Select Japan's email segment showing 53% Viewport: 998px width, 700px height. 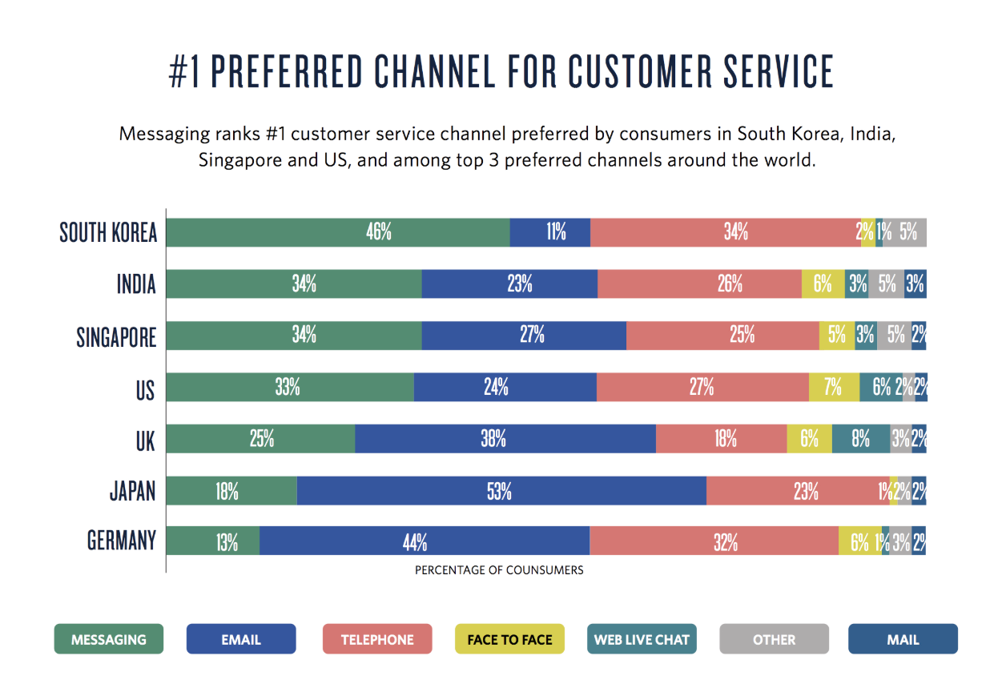coord(501,491)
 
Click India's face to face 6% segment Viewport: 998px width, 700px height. coord(823,284)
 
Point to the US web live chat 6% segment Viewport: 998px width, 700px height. coord(881,388)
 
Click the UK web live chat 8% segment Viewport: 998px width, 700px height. coord(860,439)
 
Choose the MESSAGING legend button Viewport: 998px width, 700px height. coord(109,639)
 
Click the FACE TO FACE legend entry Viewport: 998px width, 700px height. coord(509,639)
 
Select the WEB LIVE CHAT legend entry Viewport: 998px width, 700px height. coord(642,639)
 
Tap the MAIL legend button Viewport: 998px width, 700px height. coord(903,639)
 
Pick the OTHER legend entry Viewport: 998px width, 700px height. coord(774,639)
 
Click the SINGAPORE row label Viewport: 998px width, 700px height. coord(116,337)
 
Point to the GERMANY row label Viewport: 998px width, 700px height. coord(121,541)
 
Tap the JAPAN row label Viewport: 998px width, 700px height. coord(132,490)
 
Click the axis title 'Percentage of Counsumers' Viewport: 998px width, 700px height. coord(499,570)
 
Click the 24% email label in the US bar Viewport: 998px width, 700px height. coord(496,388)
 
